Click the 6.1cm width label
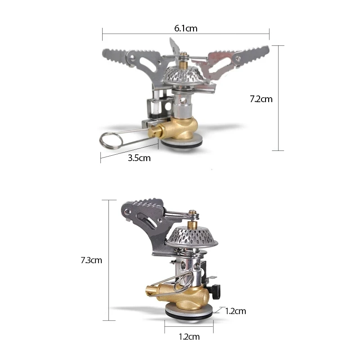(186, 28)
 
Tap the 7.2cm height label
(261, 99)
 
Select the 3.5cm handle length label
(139, 158)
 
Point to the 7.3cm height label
(91, 260)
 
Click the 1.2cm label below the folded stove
(189, 336)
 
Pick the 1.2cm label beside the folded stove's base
(235, 310)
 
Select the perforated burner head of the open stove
(183, 74)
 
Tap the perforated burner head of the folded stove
(190, 236)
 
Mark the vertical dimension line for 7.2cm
(278, 98)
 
